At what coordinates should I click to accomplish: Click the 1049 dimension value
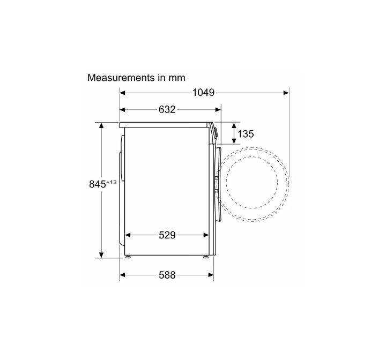click(x=203, y=93)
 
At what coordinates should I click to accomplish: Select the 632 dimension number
click(x=167, y=110)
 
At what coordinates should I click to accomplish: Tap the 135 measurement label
click(x=246, y=134)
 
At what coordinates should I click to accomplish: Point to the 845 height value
click(x=98, y=184)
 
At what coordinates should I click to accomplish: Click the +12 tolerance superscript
click(x=112, y=182)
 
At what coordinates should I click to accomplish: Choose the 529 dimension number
click(x=167, y=235)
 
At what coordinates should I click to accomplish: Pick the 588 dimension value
click(x=167, y=275)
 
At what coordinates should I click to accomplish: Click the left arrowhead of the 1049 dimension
click(x=122, y=93)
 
